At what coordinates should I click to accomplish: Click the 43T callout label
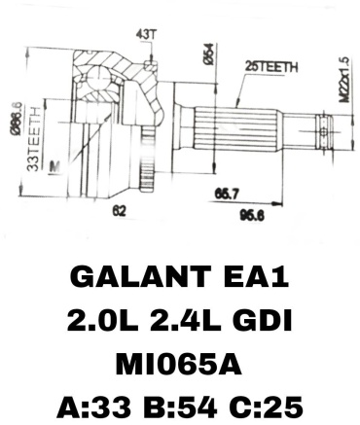pyautogui.click(x=147, y=34)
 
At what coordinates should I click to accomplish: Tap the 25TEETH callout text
pyautogui.click(x=271, y=67)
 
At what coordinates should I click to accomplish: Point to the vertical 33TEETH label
pyautogui.click(x=33, y=139)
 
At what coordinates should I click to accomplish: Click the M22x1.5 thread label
pyautogui.click(x=344, y=80)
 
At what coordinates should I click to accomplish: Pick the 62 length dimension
pyautogui.click(x=119, y=211)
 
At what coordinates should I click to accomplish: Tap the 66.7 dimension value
pyautogui.click(x=227, y=195)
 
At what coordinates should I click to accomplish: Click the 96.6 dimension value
pyautogui.click(x=252, y=215)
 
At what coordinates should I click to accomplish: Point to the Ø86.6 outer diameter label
pyautogui.click(x=17, y=119)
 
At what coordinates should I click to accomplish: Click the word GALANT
pyautogui.click(x=138, y=277)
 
